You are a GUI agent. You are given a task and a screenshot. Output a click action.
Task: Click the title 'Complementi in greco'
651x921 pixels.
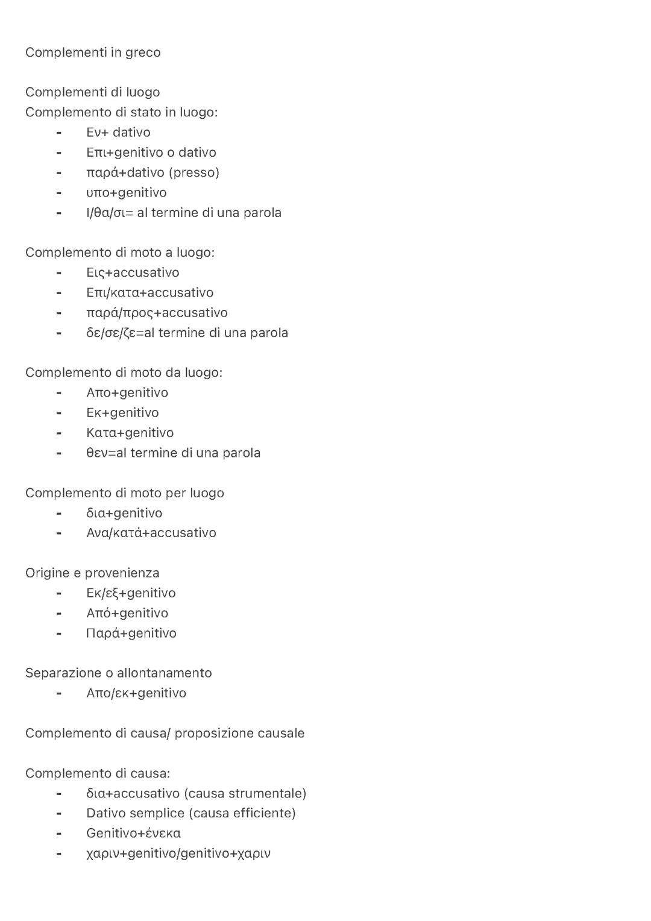point(93,52)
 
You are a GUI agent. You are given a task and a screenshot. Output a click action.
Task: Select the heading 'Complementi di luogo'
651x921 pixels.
point(92,92)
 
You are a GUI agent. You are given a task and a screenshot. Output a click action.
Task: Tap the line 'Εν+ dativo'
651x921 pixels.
point(118,133)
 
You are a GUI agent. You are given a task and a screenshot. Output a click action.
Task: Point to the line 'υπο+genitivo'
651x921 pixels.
point(126,193)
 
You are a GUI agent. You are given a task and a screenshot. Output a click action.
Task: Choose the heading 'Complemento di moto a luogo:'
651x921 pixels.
point(119,253)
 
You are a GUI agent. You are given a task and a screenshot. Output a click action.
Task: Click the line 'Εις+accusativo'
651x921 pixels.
point(133,273)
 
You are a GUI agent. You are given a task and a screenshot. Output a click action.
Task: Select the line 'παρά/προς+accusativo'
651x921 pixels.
point(157,313)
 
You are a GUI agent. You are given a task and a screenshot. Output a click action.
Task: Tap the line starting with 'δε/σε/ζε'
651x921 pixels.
point(187,333)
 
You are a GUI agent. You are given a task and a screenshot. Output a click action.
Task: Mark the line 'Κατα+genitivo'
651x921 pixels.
point(130,433)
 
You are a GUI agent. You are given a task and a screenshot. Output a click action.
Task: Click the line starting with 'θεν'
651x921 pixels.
point(173,453)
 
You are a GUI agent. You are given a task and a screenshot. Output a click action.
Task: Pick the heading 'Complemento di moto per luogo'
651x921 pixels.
point(124,493)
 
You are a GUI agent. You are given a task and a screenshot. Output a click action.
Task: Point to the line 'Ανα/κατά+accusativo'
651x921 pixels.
point(151,533)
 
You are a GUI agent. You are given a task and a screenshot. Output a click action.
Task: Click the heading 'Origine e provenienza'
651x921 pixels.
point(92,573)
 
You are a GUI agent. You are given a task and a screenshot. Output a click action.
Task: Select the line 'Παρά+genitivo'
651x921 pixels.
point(131,633)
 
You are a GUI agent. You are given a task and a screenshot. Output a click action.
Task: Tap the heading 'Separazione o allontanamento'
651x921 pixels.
point(118,673)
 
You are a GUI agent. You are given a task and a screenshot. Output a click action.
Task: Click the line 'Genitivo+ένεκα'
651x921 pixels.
point(133,834)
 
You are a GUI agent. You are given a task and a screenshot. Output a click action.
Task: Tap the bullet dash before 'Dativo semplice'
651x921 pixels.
point(58,814)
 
